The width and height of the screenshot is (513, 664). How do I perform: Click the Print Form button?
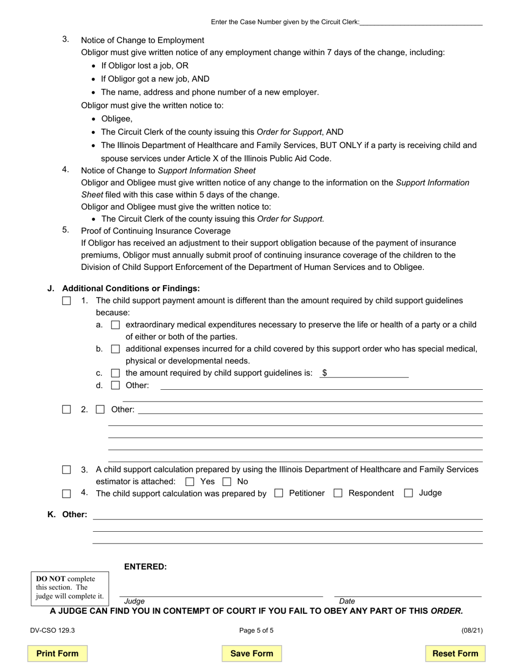(x=57, y=653)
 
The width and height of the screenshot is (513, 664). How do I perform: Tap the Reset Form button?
(x=455, y=653)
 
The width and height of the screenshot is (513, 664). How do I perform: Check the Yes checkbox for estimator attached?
(x=190, y=482)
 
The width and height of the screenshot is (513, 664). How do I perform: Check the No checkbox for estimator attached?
(x=227, y=482)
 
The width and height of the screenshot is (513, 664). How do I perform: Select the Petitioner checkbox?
(x=279, y=493)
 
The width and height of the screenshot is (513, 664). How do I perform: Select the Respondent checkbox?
(x=338, y=493)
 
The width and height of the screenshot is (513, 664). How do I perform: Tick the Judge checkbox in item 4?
(x=409, y=493)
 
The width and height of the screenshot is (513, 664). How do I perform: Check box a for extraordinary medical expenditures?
(x=115, y=325)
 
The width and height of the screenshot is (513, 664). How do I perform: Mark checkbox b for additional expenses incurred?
(x=115, y=349)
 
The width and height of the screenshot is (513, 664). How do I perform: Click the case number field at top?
(x=421, y=22)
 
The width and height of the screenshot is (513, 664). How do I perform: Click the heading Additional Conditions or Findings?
(x=131, y=288)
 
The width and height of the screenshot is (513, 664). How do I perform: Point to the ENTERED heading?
(x=145, y=566)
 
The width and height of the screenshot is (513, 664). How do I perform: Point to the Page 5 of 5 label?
(x=256, y=630)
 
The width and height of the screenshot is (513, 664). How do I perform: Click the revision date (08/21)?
(x=472, y=630)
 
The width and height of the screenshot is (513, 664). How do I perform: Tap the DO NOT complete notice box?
(x=70, y=588)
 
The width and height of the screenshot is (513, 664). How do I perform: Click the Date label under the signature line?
(x=347, y=601)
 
